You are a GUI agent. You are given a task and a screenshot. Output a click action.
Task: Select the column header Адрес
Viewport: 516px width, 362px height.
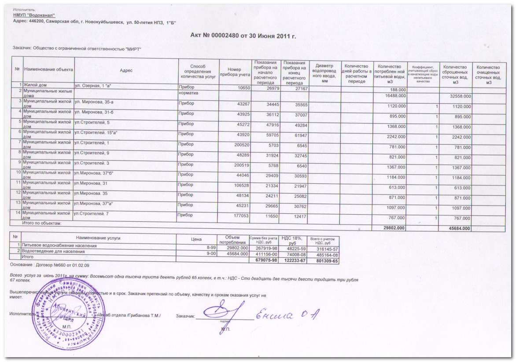tap(126, 70)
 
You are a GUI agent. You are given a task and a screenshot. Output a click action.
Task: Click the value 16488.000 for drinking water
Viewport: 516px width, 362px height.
tap(395, 96)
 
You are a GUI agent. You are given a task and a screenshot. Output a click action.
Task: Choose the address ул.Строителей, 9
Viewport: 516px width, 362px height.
tap(92, 154)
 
